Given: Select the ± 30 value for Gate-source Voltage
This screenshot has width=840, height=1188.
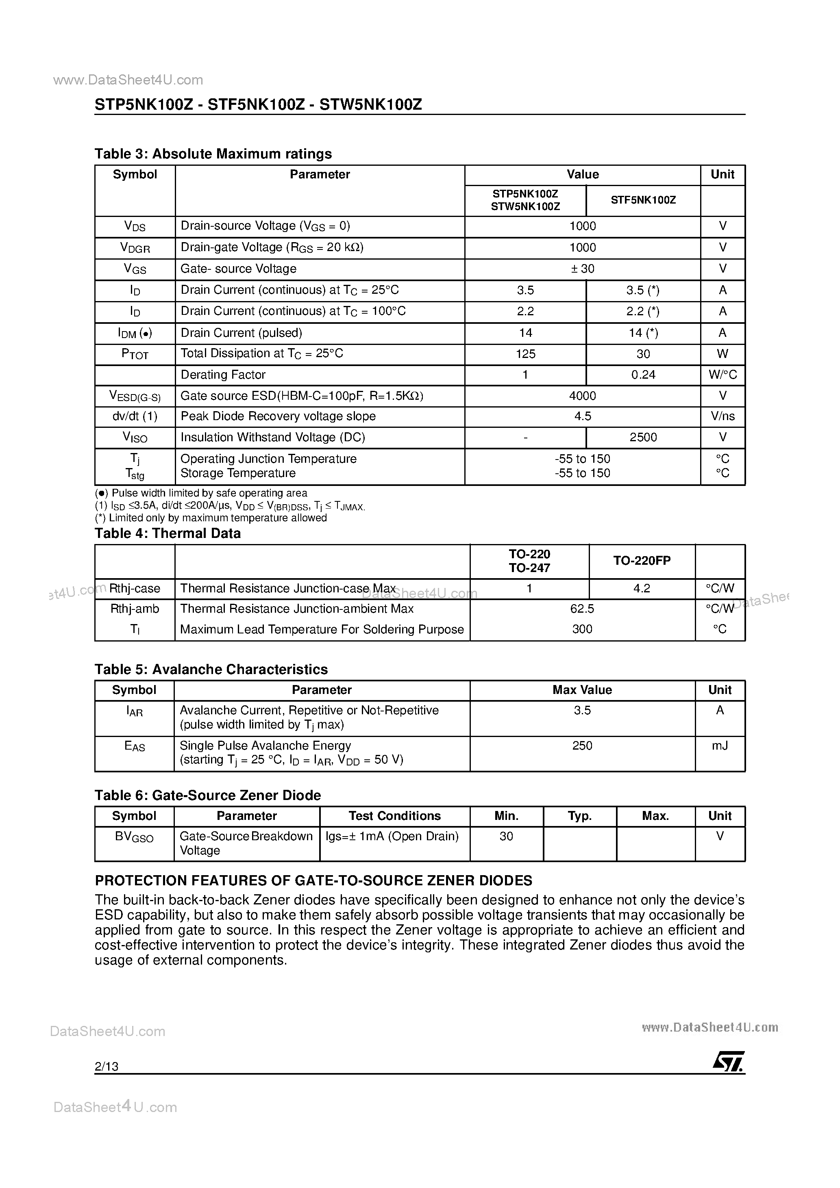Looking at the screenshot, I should pos(582,269).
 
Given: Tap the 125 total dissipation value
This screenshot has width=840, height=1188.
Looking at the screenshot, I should pos(525,354).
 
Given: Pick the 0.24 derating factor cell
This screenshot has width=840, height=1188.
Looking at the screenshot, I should pos(643,375).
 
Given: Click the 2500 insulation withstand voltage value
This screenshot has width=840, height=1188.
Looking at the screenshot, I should pos(643,438).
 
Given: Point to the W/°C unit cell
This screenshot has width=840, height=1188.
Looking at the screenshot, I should pos(722,375).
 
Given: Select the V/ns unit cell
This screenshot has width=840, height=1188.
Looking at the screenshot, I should pos(722,416).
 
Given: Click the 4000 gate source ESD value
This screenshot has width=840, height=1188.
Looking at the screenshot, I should pos(582,397).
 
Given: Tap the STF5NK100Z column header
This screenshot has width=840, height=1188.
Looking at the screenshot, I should pos(643,200).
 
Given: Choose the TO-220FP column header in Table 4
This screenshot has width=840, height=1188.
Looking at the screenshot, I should pos(642,561).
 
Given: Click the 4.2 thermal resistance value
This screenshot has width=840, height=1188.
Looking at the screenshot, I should pos(642,588).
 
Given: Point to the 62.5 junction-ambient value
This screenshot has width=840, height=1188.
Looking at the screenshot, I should pos(582,609).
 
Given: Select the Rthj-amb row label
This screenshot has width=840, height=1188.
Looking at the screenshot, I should pos(135,609).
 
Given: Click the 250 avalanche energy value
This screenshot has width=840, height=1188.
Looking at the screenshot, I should pos(582,746).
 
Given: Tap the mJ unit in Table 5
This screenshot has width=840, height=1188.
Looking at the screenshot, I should pos(719,746).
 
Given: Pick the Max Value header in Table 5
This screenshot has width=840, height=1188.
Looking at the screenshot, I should pos(582,690).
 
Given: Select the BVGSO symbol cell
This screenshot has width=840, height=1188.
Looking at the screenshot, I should pos(134,837).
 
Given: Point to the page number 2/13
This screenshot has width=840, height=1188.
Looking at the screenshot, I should pos(107,1067).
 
